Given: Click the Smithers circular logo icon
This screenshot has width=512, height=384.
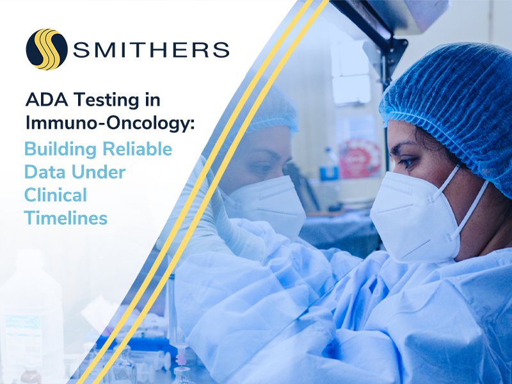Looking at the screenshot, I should point(47,49).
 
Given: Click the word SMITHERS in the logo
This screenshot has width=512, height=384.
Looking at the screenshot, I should point(150,49).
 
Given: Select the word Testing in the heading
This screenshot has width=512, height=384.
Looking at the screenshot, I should point(113,100).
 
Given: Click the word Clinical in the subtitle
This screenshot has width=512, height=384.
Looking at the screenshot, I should point(56,195).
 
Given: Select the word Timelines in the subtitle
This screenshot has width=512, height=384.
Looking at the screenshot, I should point(66,218).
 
